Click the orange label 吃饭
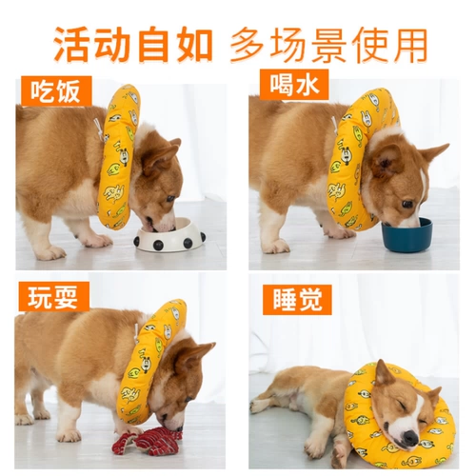(x=56, y=91)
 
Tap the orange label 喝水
(x=294, y=85)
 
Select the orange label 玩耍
(x=53, y=297)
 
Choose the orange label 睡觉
(x=297, y=300)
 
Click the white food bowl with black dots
(x=169, y=235)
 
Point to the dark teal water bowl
(x=407, y=234)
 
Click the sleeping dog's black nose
(x=411, y=438)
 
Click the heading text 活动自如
(x=133, y=45)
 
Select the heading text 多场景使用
(x=328, y=45)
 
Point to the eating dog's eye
(x=170, y=199)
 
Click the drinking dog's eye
(x=407, y=204)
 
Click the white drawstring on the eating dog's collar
(x=98, y=128)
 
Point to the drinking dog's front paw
(x=277, y=246)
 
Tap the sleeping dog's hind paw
(x=256, y=407)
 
